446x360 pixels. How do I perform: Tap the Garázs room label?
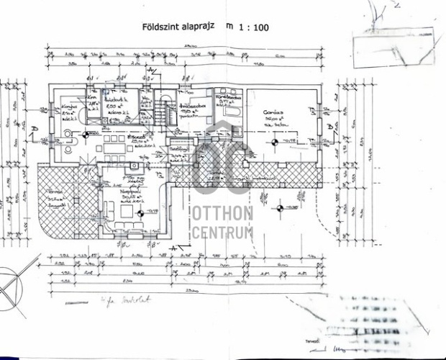(272, 113)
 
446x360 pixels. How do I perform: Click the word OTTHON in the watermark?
(222, 214)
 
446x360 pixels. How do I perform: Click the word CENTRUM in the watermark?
(222, 232)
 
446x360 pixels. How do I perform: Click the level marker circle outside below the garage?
(281, 208)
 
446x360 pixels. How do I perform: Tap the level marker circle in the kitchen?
(86, 135)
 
